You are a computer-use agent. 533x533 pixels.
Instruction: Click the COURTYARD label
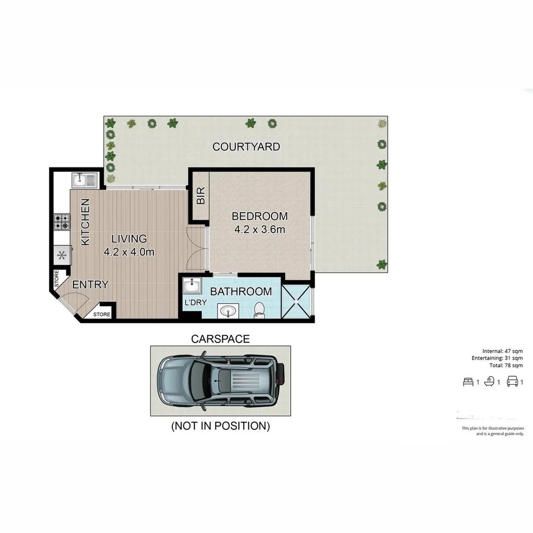pos(246,147)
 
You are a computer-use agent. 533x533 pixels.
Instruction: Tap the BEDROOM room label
pos(260,216)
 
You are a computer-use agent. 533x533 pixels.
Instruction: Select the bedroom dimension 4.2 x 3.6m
pos(260,229)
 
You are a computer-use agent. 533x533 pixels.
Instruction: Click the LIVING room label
pos(129,239)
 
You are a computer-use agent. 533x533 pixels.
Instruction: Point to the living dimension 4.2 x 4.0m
pos(129,252)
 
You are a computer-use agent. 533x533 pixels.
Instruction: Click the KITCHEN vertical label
pos(85,222)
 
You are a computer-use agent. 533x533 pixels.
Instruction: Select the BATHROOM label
pos(241,292)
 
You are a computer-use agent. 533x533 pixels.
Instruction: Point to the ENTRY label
pos(90,285)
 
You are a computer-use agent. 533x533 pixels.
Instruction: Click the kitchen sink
pos(84,180)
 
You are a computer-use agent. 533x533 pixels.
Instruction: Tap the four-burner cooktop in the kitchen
pos(62,222)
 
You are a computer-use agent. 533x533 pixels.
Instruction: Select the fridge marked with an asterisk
pos(62,256)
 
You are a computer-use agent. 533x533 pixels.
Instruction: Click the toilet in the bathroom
pos(259,309)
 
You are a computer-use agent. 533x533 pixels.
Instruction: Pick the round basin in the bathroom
pos(228,311)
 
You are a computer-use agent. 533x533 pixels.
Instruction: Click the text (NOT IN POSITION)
pos(220,426)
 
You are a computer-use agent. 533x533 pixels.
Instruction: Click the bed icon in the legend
pos(468,381)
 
